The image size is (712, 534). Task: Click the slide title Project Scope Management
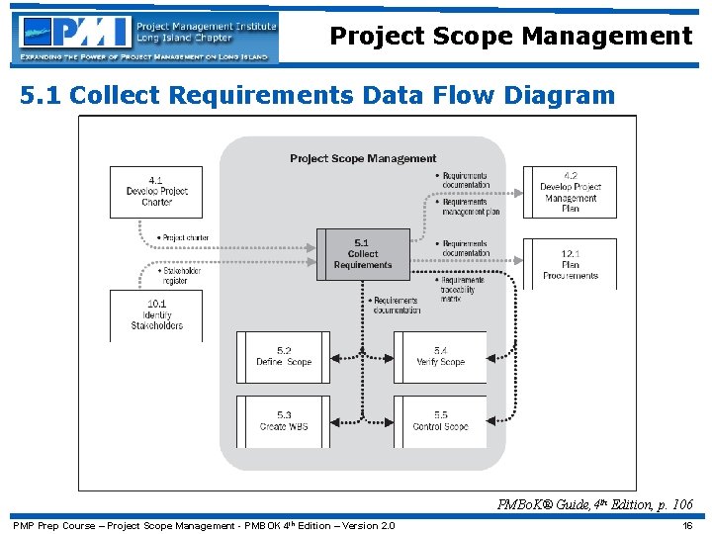tap(510, 37)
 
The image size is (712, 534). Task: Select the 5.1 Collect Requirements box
tap(363, 254)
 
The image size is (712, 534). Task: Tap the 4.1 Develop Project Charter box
tap(156, 191)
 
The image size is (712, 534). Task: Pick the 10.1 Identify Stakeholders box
tap(156, 315)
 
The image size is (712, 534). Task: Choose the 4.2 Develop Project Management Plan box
tap(570, 192)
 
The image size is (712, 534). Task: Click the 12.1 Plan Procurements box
tap(570, 264)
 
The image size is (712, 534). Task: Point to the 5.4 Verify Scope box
tap(440, 357)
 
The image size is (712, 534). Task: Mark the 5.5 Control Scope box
tap(440, 421)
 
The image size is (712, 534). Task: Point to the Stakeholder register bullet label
tap(179, 275)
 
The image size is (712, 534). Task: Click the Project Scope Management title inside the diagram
tap(363, 158)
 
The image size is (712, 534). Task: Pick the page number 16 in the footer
tap(687, 525)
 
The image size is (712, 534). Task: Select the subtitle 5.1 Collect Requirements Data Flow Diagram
tap(317, 96)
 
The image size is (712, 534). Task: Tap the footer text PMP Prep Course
tap(203, 525)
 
